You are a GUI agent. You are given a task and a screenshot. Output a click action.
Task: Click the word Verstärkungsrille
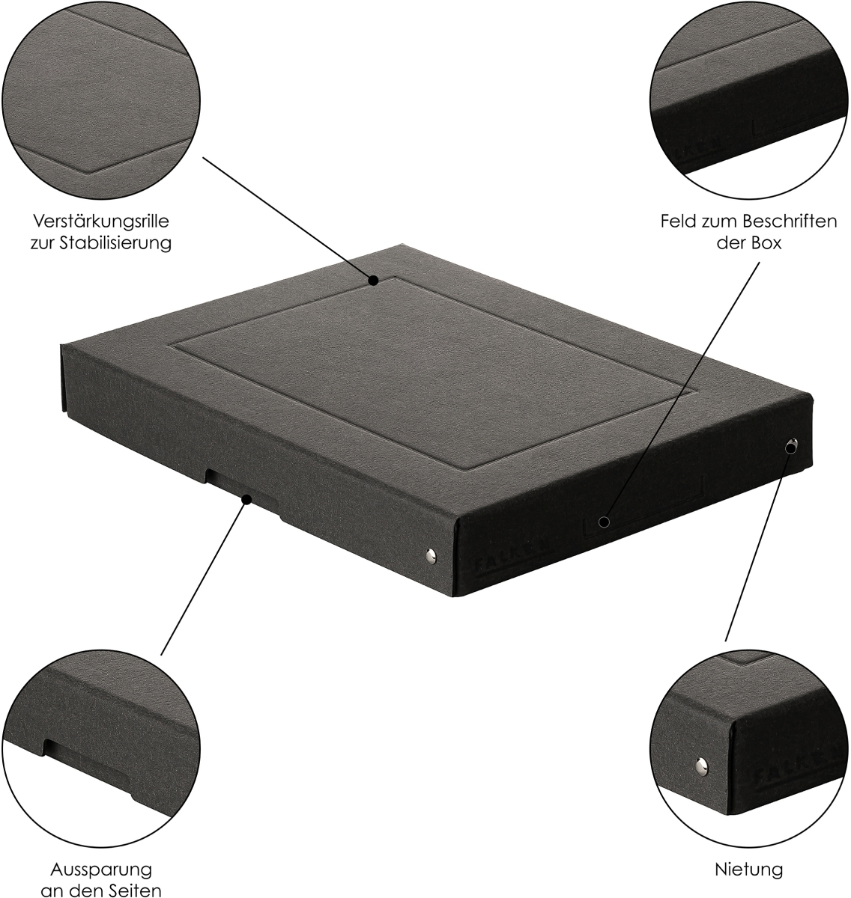101,221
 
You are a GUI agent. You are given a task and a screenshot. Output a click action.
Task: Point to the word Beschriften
791,221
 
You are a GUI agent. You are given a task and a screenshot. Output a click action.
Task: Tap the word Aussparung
101,870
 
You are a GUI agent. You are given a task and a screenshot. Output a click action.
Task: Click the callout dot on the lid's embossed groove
374,281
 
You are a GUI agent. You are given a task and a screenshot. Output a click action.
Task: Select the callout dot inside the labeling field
605,522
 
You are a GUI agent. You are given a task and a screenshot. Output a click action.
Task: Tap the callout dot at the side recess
247,500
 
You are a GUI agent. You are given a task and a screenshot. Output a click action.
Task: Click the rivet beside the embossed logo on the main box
431,555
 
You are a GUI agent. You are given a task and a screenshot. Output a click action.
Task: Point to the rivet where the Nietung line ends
790,446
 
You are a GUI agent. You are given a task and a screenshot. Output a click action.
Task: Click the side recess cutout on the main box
243,490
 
